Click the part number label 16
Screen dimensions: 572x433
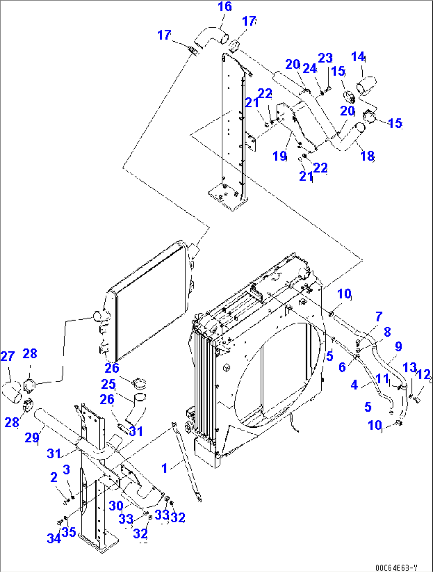[225, 7]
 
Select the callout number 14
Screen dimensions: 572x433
[358, 57]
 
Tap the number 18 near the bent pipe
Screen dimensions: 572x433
[367, 156]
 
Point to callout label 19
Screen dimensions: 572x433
[280, 156]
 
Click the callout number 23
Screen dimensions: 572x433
[325, 58]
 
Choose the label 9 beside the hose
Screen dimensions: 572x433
[398, 346]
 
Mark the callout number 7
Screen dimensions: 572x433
[379, 316]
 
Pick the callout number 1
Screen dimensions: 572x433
[164, 468]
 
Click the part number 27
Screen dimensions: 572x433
[7, 356]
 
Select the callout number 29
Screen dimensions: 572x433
[32, 438]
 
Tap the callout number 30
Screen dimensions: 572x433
[116, 506]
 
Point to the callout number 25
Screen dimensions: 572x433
[108, 384]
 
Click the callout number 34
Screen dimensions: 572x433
[54, 538]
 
